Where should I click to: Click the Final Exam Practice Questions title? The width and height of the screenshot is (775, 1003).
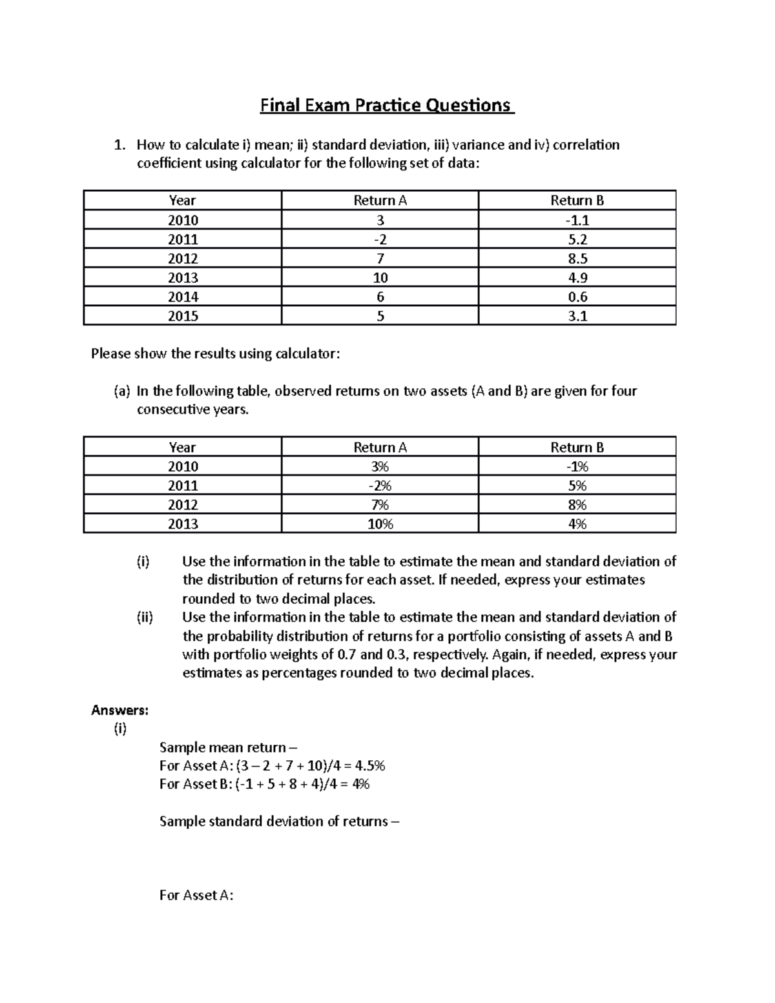tap(386, 105)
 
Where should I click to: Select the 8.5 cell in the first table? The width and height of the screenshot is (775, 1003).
tap(577, 258)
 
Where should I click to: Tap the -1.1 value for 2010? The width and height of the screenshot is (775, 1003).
tap(577, 220)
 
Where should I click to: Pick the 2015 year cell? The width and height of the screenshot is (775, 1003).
tap(183, 316)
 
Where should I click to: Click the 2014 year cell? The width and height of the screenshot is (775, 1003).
tap(183, 297)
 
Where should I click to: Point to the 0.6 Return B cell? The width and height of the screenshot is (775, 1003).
tap(577, 297)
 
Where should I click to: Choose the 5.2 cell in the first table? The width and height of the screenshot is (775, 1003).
tap(577, 240)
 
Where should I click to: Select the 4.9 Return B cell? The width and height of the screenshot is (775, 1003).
tap(577, 278)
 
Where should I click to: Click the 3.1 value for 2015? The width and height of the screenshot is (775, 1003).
tap(577, 316)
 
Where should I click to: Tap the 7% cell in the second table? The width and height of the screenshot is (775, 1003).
tap(380, 504)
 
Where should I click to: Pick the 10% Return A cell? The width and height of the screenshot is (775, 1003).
tap(380, 524)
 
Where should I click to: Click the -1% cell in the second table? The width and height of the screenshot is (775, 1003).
tap(577, 466)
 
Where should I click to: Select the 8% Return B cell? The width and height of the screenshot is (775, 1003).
tap(577, 504)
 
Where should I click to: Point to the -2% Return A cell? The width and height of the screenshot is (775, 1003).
tap(380, 486)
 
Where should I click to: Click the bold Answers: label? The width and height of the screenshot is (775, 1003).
tap(120, 710)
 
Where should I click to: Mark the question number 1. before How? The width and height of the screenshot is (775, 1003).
tap(119, 145)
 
